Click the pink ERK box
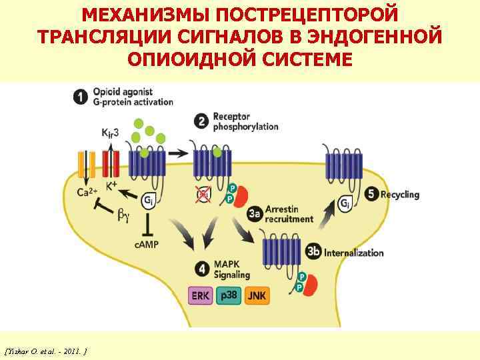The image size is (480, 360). click(x=200, y=295)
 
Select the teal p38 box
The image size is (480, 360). click(x=229, y=295)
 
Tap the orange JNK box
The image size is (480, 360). click(x=257, y=295)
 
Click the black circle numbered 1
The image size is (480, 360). click(x=80, y=97)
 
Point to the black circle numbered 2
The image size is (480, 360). click(x=201, y=121)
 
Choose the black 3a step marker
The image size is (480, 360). click(x=254, y=213)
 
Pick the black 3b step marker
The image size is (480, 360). click(x=313, y=252)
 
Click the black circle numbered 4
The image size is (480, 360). click(x=201, y=269)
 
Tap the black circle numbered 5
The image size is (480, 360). click(x=372, y=194)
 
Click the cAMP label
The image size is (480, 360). click(x=147, y=245)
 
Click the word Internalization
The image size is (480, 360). click(x=354, y=253)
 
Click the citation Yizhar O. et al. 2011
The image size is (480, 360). click(x=47, y=349)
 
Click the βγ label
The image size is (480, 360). click(x=125, y=215)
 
